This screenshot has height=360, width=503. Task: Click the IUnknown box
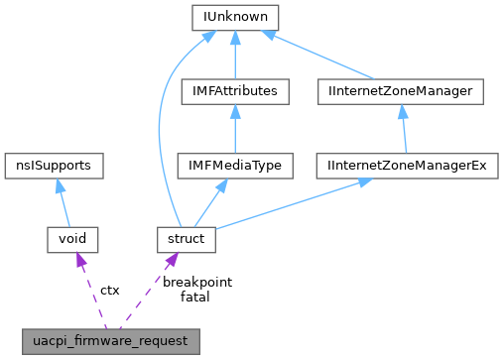[234, 18]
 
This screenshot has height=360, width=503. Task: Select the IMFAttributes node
[235, 92]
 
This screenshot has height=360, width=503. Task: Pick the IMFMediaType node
[235, 165]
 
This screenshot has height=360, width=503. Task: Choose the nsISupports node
[54, 165]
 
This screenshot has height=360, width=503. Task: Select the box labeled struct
[187, 238]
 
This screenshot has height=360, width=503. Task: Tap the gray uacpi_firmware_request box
[113, 339]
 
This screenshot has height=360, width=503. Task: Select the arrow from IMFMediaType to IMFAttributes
[235, 129]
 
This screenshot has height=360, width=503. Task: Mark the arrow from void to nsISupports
[64, 202]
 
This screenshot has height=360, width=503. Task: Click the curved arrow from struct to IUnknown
[161, 129]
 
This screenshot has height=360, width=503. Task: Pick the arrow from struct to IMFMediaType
[211, 202]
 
